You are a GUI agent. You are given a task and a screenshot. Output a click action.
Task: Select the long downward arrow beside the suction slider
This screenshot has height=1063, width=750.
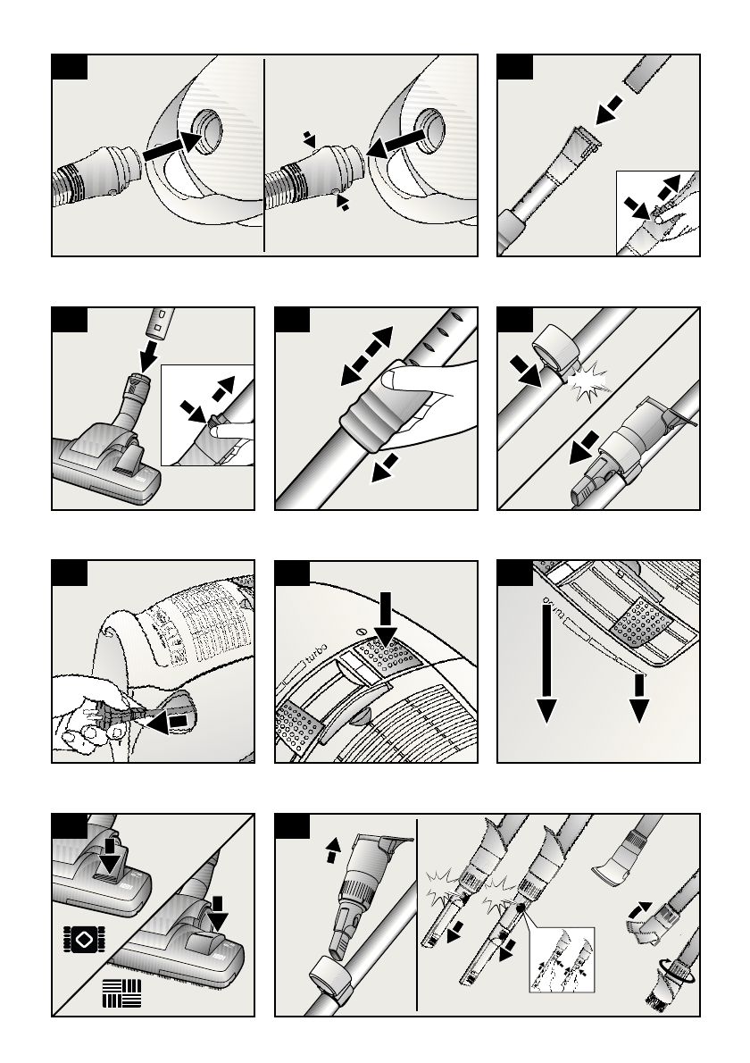pos(546,661)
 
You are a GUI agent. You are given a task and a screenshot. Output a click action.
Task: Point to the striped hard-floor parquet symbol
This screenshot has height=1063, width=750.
pos(121,994)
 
